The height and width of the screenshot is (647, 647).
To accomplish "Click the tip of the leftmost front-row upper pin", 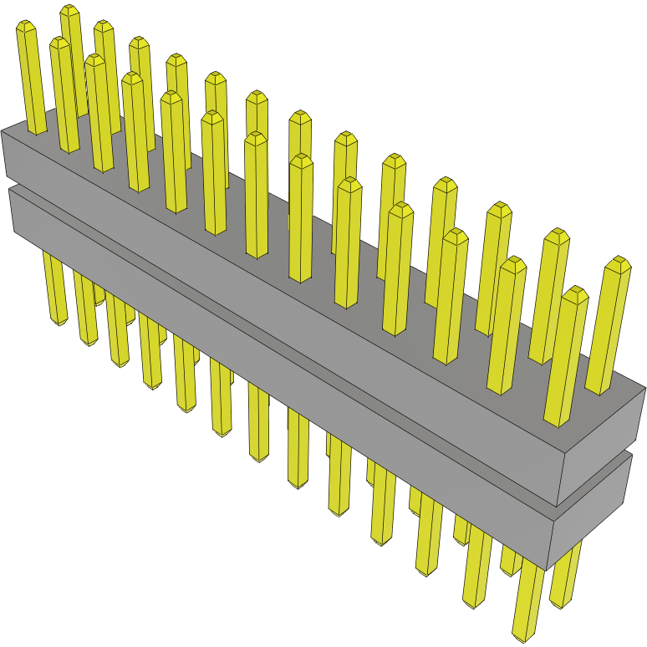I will [27, 27].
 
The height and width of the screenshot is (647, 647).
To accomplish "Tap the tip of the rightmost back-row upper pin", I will [619, 262].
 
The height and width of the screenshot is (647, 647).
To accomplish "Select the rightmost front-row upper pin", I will [567, 359].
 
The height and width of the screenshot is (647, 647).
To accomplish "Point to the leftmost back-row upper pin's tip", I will [69, 10].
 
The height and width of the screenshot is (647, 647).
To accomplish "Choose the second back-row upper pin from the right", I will [549, 293].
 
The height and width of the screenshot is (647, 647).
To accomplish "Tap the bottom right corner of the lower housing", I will [548, 568].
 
